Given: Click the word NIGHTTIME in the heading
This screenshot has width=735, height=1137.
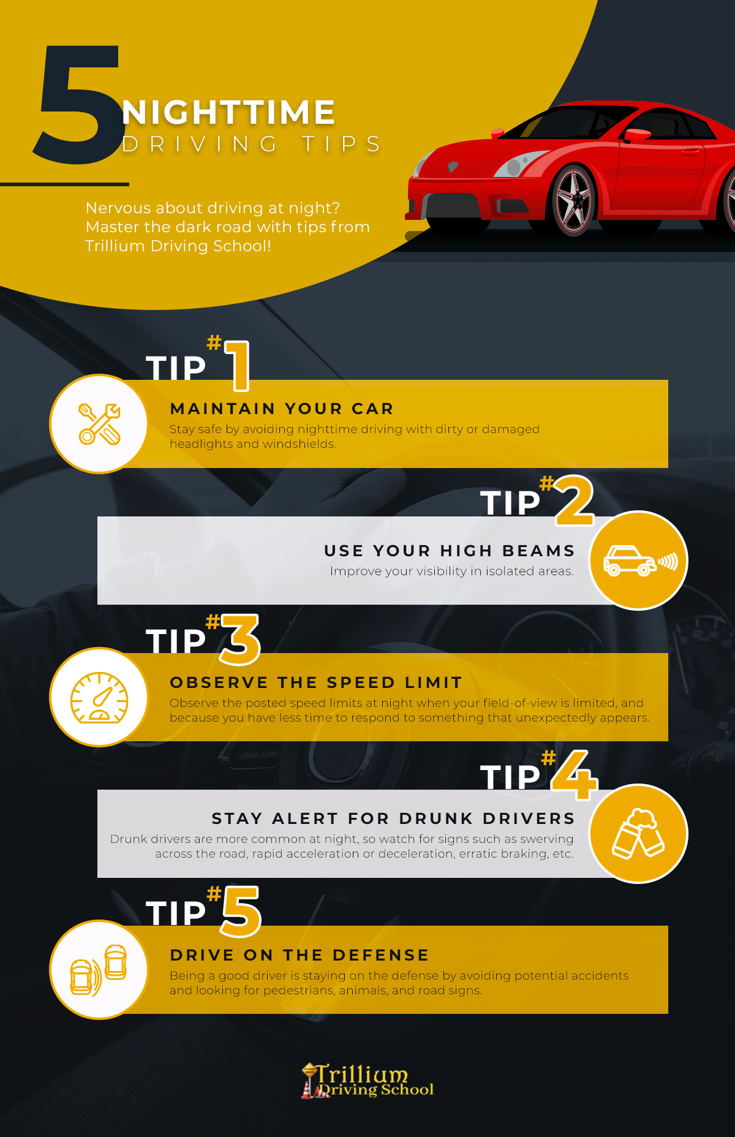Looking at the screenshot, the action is point(228,112).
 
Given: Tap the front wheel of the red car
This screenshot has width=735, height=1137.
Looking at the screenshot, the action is point(573,201).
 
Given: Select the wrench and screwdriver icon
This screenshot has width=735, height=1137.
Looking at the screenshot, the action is point(99,423).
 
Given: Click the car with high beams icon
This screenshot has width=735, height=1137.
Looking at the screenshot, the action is point(640,561).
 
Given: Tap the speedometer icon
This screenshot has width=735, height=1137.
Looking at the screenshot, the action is point(99,697).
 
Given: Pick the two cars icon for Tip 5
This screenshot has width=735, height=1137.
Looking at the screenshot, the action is point(99,970).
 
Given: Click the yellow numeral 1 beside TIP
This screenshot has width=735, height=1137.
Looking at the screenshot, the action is point(238,366).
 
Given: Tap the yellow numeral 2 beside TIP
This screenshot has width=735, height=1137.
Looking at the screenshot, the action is point(575,501).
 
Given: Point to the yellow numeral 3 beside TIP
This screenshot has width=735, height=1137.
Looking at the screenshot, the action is point(240,640).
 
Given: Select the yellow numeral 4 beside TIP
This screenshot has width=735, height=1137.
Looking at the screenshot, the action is point(575,775).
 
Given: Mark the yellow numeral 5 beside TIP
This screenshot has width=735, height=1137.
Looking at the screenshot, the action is point(241,912).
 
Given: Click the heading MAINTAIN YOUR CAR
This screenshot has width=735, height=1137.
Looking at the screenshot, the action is point(282,409).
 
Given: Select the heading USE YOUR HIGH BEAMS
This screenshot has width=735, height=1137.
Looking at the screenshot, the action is point(450,551).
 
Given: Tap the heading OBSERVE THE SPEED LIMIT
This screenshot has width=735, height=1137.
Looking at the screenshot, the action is point(316,682).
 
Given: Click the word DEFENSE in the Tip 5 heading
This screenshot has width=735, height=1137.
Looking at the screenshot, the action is point(381,955).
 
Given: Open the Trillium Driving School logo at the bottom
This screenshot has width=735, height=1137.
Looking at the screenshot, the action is point(367,1081).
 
